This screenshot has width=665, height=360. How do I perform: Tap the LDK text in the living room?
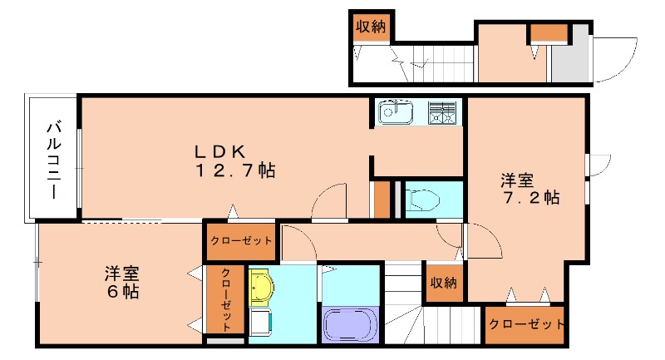point(219,151)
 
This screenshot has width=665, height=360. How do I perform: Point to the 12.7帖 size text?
point(235,171)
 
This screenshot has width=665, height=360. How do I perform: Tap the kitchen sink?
point(395,111)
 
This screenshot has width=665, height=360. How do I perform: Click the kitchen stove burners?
point(442,111)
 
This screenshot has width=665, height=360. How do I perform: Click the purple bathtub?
point(349,323)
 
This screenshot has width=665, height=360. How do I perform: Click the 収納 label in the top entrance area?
point(371,27)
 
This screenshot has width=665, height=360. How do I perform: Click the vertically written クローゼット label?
point(225,298)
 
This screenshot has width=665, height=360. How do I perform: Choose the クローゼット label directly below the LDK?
point(241,241)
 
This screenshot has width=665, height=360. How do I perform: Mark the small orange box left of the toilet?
point(382,199)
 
